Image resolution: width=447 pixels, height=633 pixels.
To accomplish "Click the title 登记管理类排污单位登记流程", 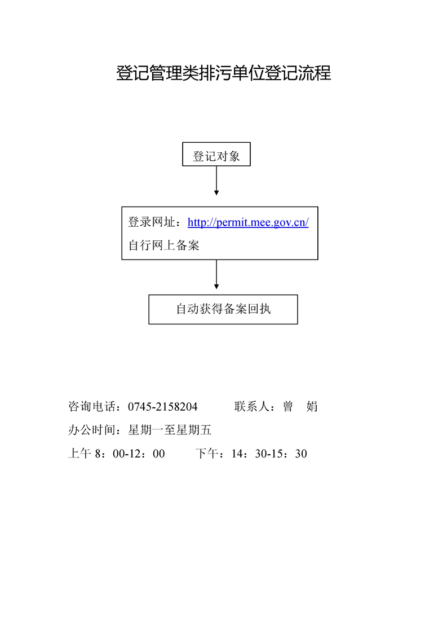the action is coord(223,73).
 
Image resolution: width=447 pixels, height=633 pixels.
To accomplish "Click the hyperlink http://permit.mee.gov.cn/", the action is coord(248,222).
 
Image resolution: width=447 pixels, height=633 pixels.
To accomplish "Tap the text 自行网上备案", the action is coord(164,245).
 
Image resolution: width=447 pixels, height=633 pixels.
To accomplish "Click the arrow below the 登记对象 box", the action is coord(216,181).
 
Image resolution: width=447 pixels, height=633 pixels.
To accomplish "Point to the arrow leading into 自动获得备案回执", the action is coord(216,274).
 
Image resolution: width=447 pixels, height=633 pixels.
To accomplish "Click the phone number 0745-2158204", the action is coord(162,407).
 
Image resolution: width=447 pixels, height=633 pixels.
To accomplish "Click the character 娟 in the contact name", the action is coord(312,406).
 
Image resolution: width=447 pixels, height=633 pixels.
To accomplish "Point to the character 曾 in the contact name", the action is coord(287,406).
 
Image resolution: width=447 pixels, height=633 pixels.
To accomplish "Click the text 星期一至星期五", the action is coord(170,430).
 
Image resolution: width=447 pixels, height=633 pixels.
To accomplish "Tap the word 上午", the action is coord(80,454).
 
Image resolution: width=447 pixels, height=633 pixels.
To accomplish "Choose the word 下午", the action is coord(207,454).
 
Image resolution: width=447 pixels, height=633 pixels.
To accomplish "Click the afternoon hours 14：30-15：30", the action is coord(269,454).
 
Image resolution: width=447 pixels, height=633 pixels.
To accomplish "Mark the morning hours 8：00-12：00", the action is coord(130,454).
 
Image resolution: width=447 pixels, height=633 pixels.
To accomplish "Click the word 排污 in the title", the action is coord(216,73).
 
